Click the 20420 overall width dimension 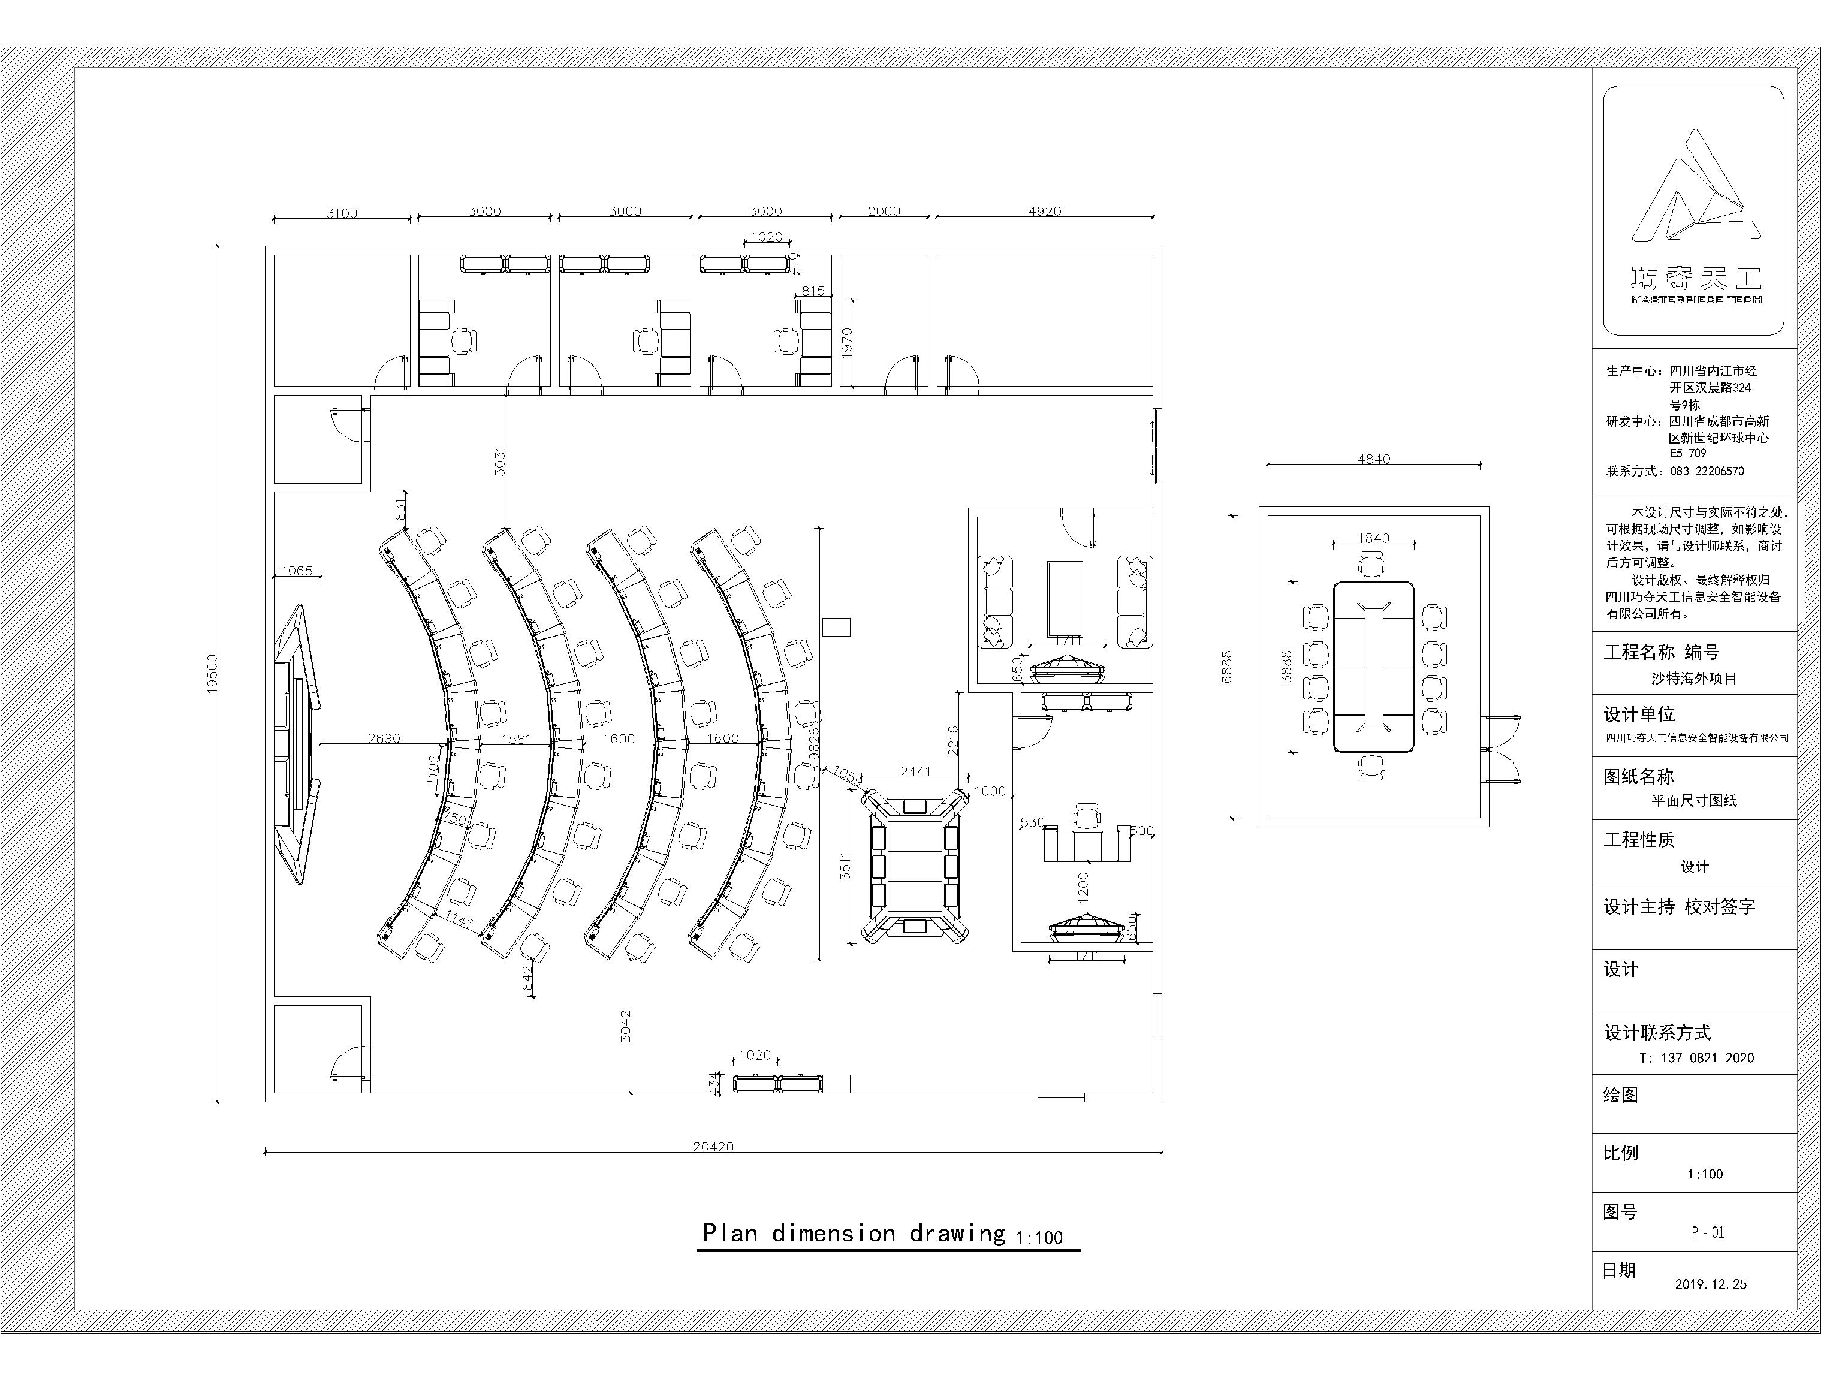[712, 1147]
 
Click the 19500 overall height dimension [212, 673]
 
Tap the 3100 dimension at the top [342, 213]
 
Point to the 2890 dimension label [384, 738]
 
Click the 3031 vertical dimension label [499, 460]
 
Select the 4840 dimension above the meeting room [1373, 459]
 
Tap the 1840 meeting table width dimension [1373, 538]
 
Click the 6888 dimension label [1226, 667]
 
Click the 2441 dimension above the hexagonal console [915, 771]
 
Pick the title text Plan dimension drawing [853, 1233]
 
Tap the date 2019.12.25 [1710, 1284]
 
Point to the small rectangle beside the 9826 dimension [836, 627]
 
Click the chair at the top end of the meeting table [1371, 565]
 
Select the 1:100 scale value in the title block [1704, 1174]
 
